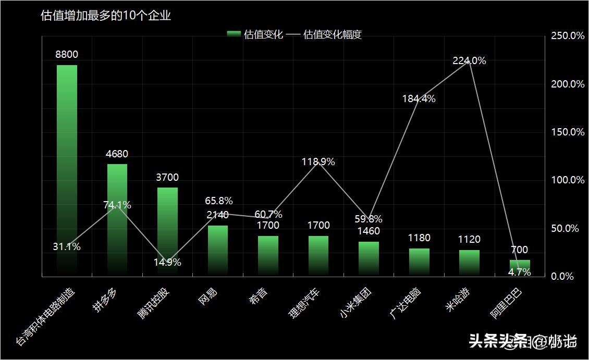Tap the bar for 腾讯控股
[167, 231]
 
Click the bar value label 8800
[67, 54]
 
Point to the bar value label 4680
[117, 154]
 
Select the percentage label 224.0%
[469, 60]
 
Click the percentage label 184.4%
[419, 98]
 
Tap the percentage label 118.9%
[318, 162]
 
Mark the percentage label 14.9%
[167, 262]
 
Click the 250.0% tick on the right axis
[568, 36]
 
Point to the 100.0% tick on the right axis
[568, 180]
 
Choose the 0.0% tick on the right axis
[562, 276]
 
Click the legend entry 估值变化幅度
[332, 35]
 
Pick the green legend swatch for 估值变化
[234, 34]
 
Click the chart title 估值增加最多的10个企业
[106, 16]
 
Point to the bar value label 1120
[469, 239]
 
